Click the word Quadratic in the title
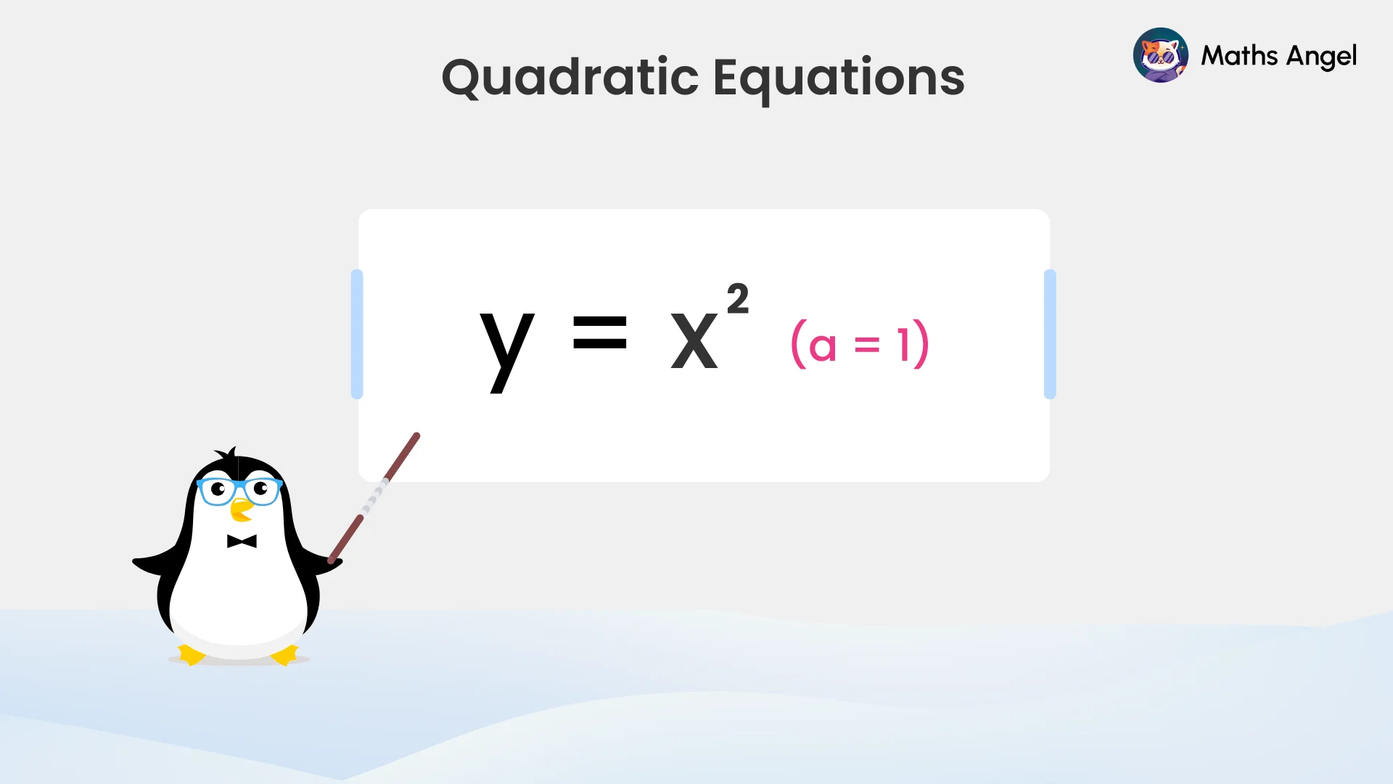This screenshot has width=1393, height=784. click(570, 77)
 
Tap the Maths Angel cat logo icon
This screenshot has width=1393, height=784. click(1160, 55)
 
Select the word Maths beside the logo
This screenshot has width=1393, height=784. click(1238, 55)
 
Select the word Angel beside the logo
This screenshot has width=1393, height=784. click(1321, 57)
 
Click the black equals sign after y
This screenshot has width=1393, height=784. click(599, 332)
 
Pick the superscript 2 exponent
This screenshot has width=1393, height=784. click(738, 299)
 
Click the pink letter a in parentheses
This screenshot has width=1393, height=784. click(822, 346)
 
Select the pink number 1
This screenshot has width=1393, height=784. click(903, 344)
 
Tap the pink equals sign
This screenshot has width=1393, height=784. click(867, 345)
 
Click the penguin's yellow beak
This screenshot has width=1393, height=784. click(241, 510)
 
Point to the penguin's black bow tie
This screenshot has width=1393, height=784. click(242, 542)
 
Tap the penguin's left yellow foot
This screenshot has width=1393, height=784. click(192, 655)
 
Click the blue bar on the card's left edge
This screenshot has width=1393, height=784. click(356, 334)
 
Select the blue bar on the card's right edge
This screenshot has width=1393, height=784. click(1050, 334)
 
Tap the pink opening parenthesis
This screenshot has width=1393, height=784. click(798, 344)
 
